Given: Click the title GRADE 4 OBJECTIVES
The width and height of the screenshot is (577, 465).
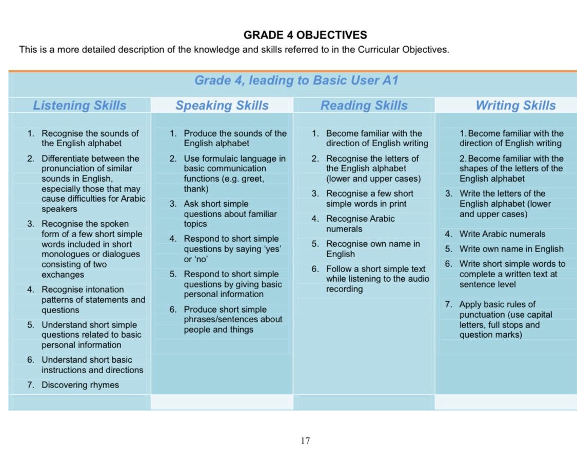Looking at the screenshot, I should pos(305,35).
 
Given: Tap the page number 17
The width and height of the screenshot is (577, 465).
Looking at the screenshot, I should pos(305,440).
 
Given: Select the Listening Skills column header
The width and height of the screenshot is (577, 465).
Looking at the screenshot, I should pos(79,105).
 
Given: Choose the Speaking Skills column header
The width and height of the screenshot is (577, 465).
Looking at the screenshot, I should pos(222,105).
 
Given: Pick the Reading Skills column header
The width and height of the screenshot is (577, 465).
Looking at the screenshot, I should pos(364,105).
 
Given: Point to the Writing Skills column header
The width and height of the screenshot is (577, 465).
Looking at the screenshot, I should pos(515,105).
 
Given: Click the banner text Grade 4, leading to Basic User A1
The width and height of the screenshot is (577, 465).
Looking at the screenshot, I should pos(296,81).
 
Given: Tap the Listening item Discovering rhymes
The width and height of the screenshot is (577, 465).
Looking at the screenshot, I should pos(80,385).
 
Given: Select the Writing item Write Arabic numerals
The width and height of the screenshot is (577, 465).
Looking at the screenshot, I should pos(502,234).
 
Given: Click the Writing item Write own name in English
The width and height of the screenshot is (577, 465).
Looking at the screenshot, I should pos(511,249).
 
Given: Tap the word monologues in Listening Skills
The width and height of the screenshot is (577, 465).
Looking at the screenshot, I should pos(65,254).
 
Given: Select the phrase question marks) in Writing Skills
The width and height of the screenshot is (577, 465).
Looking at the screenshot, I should pos(491,335).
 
